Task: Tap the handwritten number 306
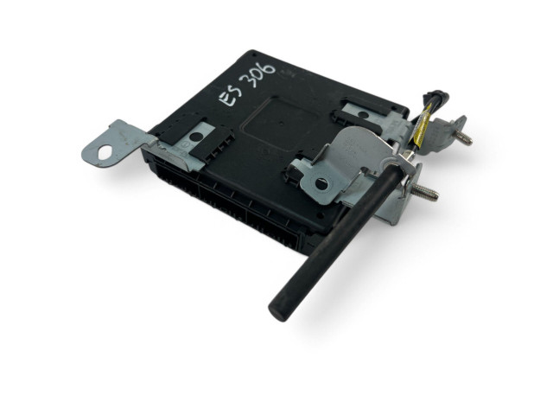point(258,76)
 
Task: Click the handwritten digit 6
point(269,68)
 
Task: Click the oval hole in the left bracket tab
point(105,152)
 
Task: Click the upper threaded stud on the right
point(464,137)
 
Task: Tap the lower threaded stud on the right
point(426,191)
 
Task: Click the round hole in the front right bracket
point(321,184)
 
